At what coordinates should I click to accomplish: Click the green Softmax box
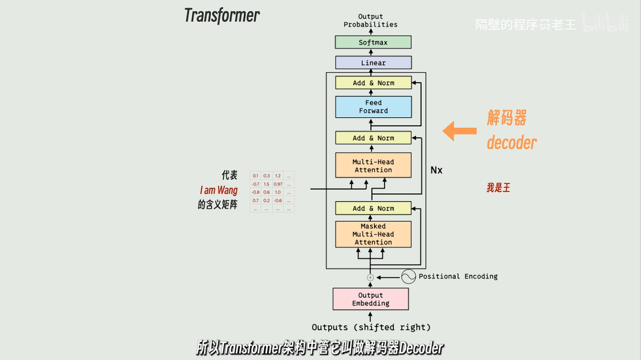(x=373, y=42)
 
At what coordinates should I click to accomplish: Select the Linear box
(x=373, y=63)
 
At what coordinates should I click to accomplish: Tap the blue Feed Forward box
(x=373, y=107)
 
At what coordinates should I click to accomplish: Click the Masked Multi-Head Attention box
(x=373, y=234)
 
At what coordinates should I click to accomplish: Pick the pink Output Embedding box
(x=371, y=299)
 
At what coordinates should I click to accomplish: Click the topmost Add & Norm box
(x=373, y=83)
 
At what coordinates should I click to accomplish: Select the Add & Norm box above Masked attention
(x=373, y=208)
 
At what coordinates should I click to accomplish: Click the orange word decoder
(x=511, y=143)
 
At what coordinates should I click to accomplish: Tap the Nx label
(x=436, y=170)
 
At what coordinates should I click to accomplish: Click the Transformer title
(x=222, y=15)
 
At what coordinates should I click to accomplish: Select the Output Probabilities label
(x=371, y=21)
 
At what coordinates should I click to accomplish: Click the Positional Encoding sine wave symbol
(x=408, y=276)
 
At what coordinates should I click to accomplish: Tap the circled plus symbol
(x=370, y=277)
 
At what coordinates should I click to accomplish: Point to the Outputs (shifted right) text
(x=371, y=327)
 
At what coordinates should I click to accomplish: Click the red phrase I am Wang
(x=218, y=191)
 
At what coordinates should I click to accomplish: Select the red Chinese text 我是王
(x=498, y=188)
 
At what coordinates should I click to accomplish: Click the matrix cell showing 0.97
(x=278, y=184)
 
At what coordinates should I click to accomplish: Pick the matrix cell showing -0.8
(x=256, y=192)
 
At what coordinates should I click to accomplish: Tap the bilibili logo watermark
(x=606, y=23)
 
